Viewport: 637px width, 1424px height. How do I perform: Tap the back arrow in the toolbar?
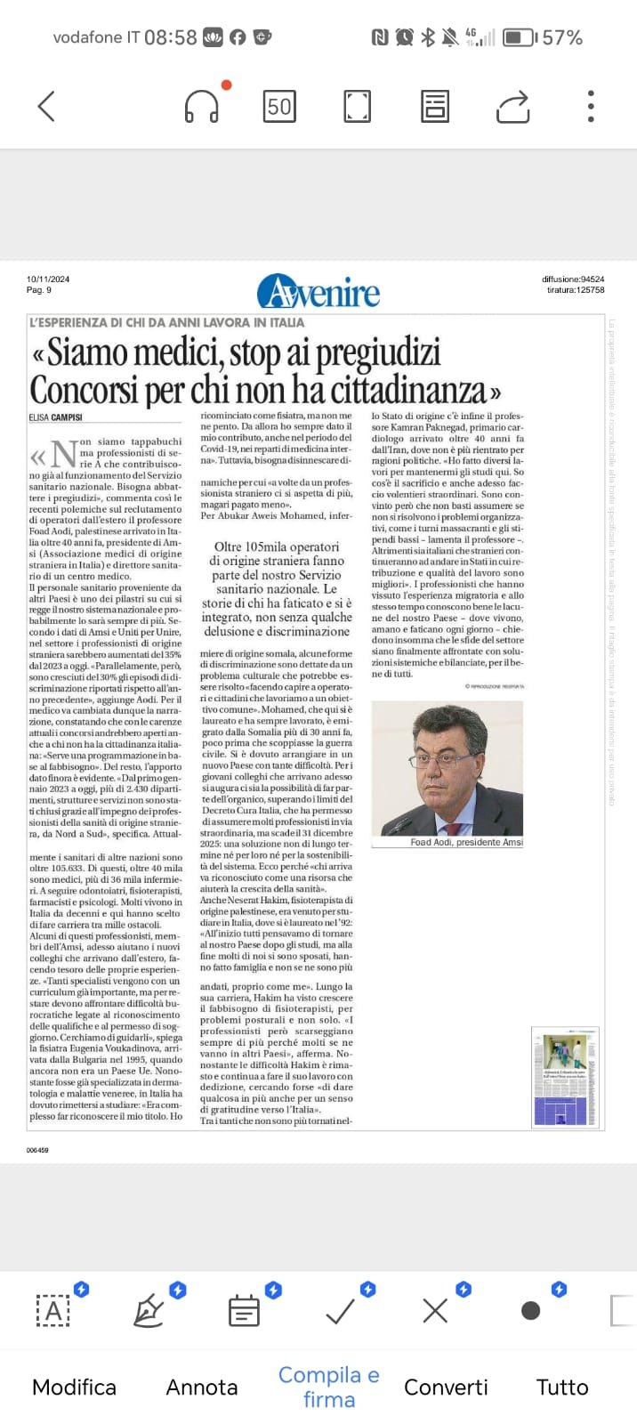tap(46, 107)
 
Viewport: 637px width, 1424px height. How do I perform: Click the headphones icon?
tap(202, 107)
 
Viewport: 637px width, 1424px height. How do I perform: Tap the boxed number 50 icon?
tap(279, 107)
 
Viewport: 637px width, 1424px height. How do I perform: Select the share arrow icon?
tap(512, 107)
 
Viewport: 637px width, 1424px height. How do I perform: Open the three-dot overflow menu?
tap(591, 107)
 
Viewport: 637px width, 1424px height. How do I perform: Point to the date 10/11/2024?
tap(48, 279)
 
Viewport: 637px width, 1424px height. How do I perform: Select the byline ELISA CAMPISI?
tap(55, 417)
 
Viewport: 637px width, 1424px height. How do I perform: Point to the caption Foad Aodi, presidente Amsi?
tap(466, 842)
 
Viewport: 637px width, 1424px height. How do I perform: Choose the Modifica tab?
tap(74, 1387)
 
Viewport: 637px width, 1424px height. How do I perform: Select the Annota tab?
tap(202, 1387)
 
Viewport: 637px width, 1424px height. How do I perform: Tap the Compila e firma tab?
tap(328, 1387)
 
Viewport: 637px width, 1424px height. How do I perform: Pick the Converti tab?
tap(446, 1387)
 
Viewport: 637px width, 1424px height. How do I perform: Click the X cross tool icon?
tap(435, 1310)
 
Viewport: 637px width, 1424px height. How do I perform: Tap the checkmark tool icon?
tap(340, 1310)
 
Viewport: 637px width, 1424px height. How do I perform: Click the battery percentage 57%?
tap(562, 37)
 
